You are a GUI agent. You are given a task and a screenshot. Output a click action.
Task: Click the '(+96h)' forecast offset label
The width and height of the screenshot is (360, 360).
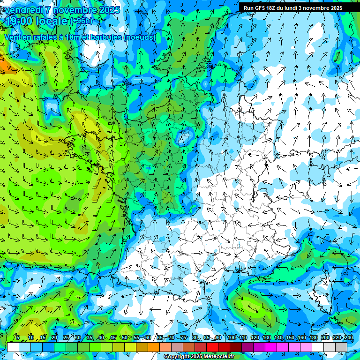coord(81,21)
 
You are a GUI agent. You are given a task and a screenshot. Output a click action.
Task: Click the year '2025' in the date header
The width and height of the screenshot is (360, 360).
coord(106,9)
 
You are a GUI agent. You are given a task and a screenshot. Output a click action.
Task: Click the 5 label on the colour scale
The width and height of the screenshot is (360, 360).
coord(18,337)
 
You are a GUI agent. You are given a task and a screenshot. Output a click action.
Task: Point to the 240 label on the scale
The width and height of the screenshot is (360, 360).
coord(349,337)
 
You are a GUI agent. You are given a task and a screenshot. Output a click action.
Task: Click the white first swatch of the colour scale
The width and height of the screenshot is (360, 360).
coord(13,347)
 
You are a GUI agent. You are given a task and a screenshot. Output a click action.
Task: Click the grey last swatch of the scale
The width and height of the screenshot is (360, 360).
coord(341,347)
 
